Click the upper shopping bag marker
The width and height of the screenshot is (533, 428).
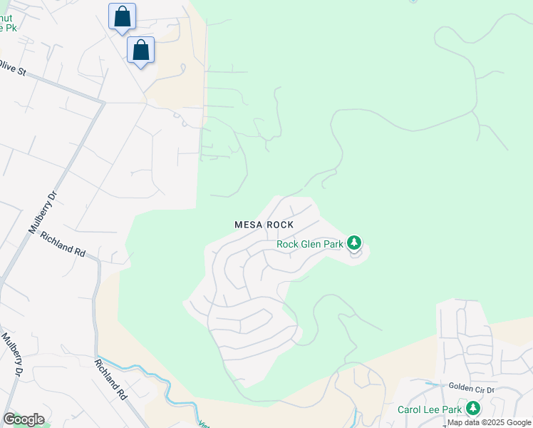[x=122, y=16]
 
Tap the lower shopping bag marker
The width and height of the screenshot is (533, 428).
[x=141, y=50]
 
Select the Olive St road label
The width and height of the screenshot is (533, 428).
[x=12, y=68]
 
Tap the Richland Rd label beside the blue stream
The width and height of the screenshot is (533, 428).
[x=110, y=379]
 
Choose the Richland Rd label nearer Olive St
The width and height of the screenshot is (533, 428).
[x=63, y=244]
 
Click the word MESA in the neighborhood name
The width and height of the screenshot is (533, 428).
[x=249, y=225]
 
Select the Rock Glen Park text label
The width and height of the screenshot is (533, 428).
[x=310, y=244]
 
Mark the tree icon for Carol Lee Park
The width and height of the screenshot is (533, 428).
[x=472, y=409]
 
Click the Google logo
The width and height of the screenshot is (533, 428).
[x=24, y=419]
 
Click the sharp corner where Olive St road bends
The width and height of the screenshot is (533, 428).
[x=104, y=102]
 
